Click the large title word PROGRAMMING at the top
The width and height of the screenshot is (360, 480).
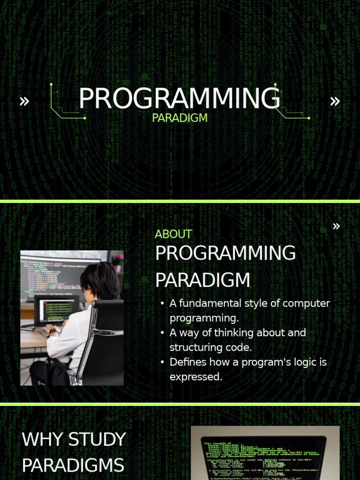tap(179, 99)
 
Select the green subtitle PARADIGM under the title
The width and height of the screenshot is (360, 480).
tap(180, 118)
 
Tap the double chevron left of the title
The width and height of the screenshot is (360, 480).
tap(24, 101)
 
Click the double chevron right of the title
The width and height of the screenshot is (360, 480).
tap(335, 101)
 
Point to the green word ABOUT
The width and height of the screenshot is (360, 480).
tap(173, 234)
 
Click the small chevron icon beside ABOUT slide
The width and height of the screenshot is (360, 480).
tap(336, 226)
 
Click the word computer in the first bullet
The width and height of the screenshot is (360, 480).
tap(307, 303)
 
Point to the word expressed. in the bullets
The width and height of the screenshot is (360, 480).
tap(196, 377)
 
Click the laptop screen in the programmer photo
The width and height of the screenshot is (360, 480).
tap(57, 310)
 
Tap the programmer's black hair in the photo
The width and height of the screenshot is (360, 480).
tap(100, 281)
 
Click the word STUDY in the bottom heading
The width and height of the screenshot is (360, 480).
tap(97, 440)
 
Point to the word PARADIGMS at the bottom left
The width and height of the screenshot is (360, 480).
tap(73, 466)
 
